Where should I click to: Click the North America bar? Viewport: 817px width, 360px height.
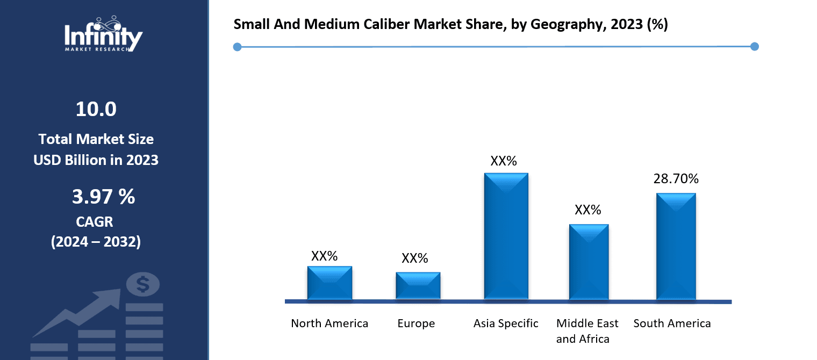[329, 283]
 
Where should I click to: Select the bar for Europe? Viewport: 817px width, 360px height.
[418, 285]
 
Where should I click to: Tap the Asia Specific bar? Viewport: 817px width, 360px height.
[506, 236]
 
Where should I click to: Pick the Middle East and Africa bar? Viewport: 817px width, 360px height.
[589, 262]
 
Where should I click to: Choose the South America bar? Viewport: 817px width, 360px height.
[676, 246]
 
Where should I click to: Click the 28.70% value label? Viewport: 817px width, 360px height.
[676, 179]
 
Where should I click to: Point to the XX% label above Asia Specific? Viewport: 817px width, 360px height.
[503, 161]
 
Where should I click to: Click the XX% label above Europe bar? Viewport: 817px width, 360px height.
[414, 258]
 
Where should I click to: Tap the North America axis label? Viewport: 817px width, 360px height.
[329, 323]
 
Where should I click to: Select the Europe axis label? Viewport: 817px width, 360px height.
[416, 323]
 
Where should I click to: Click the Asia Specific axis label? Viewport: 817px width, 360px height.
[506, 323]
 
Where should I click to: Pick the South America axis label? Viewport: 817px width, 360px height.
[672, 323]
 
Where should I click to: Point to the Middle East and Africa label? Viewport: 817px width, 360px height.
[587, 331]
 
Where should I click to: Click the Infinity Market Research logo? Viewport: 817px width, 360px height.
[103, 35]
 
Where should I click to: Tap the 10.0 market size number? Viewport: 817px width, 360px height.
[96, 110]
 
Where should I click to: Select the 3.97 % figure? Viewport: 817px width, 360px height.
[103, 197]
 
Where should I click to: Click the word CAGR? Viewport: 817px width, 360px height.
[95, 221]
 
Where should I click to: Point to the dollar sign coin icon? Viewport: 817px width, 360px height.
[142, 284]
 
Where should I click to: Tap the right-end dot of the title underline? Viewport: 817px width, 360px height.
[754, 47]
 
